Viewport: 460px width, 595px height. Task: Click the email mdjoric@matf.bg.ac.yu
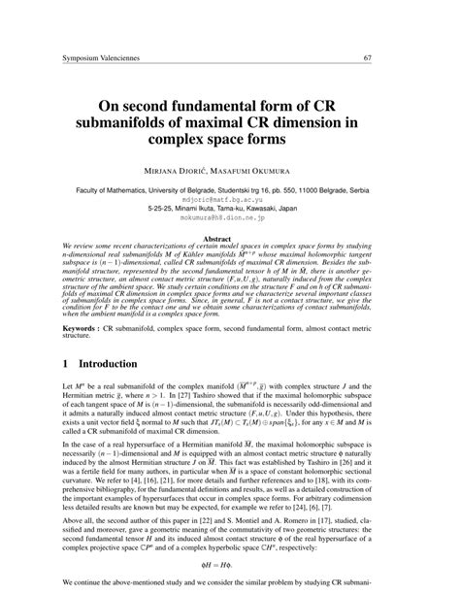[x=230, y=198]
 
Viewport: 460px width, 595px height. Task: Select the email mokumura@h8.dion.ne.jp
[x=230, y=219]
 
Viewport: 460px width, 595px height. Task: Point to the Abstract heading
[x=230, y=238]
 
